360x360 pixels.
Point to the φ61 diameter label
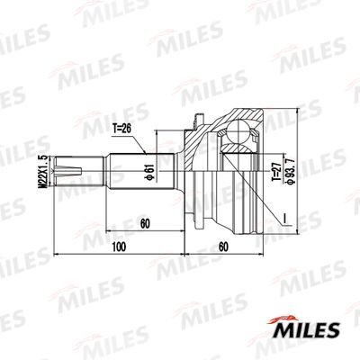(146, 168)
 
